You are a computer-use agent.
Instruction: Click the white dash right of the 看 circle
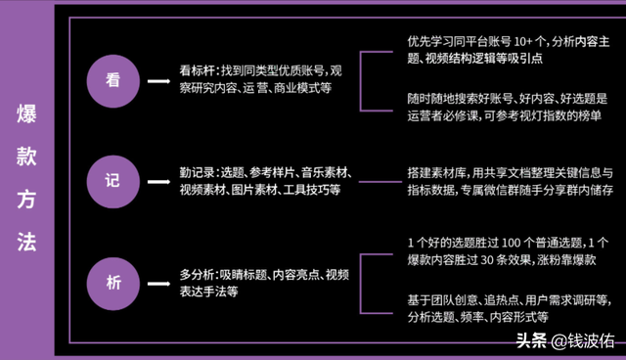point(157,81)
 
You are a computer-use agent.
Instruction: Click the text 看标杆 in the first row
point(200,69)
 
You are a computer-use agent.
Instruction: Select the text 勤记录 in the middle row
point(200,172)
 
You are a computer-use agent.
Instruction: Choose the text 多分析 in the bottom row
point(200,274)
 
